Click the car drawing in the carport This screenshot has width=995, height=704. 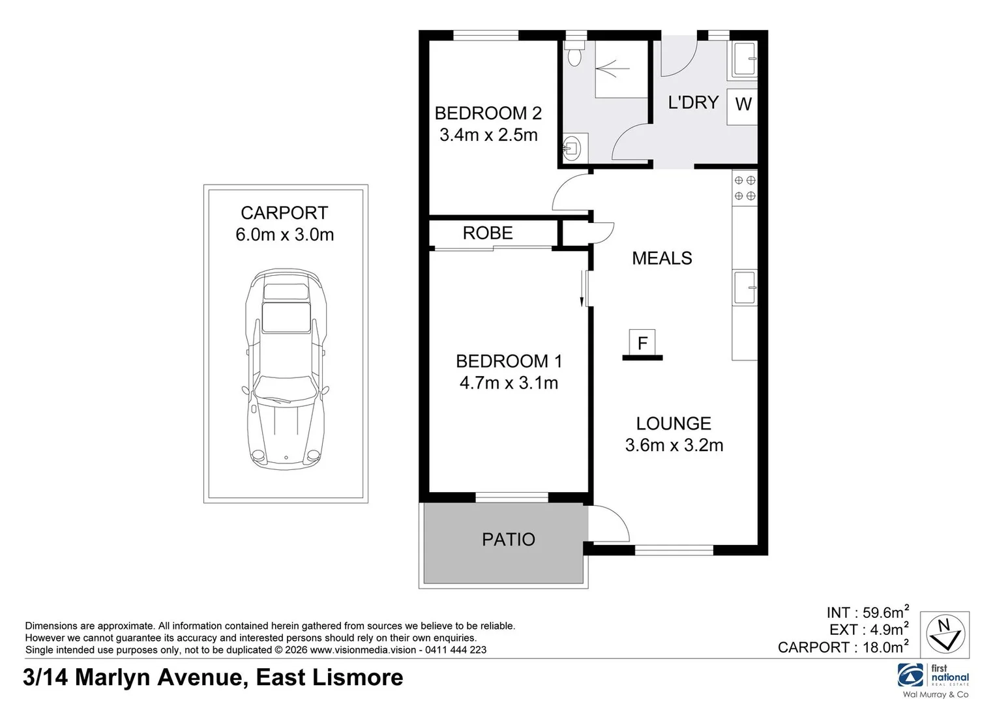pos(285,369)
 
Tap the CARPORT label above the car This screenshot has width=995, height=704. pos(284,213)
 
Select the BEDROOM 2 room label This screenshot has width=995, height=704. pos(488,113)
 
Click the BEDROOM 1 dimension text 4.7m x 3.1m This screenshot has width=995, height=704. pos(509,383)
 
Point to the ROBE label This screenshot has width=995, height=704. pos(488,233)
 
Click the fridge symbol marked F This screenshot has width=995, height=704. pos(642,343)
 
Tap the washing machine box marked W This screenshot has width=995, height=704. pos(743,104)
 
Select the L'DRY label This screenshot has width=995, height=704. pos(692,102)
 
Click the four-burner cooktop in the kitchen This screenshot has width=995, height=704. pos(745,188)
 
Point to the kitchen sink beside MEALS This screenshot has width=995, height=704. pos(745,288)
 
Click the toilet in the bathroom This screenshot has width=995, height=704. pos(574,57)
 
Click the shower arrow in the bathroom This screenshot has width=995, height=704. pos(613,67)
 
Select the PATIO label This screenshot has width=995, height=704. pos(508,540)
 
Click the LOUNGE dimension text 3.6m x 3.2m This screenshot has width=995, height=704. pos(674,445)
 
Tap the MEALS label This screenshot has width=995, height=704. pos(662,258)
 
